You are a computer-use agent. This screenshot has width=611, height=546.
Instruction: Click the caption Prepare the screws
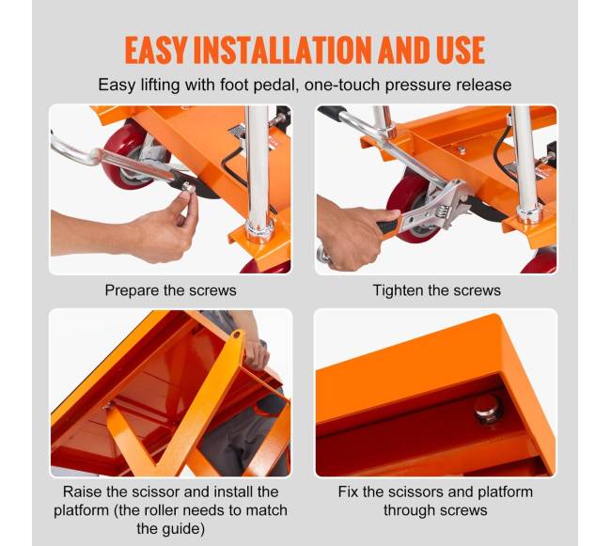coord(171,290)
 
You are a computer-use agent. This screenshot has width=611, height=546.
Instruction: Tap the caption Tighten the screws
coord(437,290)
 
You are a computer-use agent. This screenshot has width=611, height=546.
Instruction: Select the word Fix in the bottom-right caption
coord(348,491)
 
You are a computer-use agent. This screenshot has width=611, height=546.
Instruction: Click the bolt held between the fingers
coord(188,188)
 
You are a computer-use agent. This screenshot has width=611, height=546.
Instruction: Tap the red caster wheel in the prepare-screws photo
coord(128,155)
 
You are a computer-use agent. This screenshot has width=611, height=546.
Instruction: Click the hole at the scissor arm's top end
coord(236,335)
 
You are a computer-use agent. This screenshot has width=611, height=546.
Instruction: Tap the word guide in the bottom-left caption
coord(184,529)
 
